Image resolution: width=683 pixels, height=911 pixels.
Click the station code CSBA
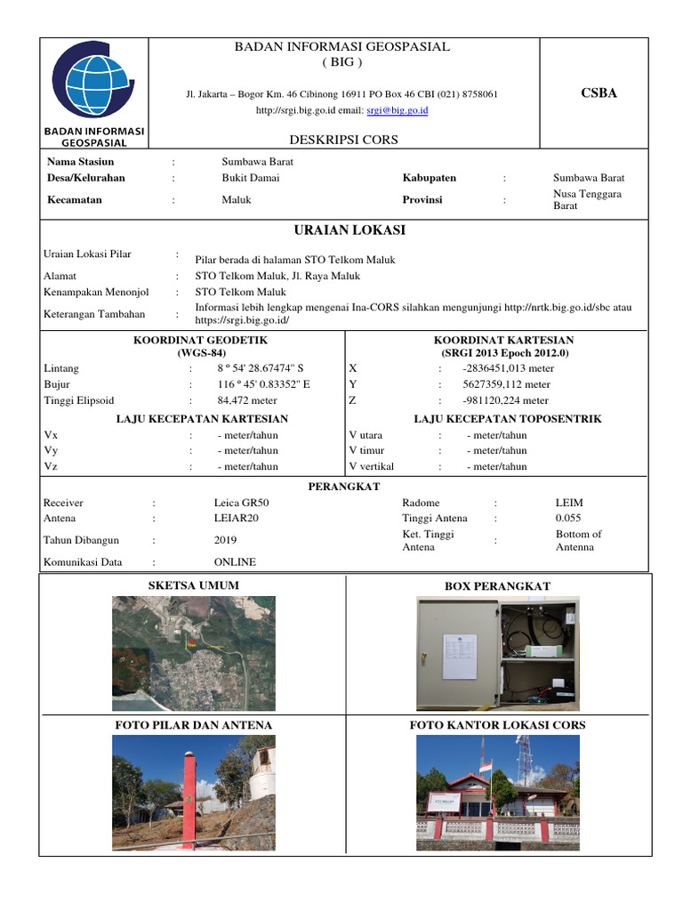(599, 93)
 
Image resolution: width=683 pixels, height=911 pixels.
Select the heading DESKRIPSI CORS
(343, 140)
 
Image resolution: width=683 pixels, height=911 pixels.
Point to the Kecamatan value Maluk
(237, 199)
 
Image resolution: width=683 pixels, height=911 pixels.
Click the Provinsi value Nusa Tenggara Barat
(587, 199)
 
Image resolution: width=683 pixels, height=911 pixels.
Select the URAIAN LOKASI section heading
(342, 230)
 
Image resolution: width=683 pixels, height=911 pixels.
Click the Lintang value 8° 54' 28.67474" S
(266, 368)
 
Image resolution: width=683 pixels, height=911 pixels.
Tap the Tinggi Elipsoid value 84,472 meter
(247, 400)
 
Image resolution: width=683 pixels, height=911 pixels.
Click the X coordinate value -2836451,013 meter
(508, 368)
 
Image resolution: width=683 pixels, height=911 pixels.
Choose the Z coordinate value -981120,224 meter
(505, 400)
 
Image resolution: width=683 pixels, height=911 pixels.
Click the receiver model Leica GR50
(241, 503)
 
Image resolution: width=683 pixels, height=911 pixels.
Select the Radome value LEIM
(569, 503)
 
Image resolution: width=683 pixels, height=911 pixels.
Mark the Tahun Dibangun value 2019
(225, 540)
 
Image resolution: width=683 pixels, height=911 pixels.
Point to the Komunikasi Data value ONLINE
(235, 562)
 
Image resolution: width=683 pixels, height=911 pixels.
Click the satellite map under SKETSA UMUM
(193, 652)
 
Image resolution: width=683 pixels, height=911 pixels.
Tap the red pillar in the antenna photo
(188, 801)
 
